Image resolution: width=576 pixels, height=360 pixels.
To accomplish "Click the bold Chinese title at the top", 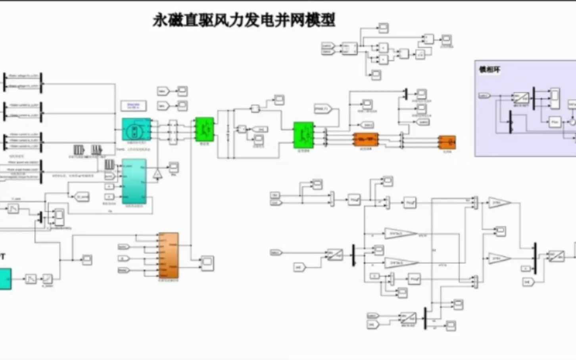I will [x=244, y=20].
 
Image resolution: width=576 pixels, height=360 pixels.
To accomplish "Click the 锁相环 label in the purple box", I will [x=490, y=70].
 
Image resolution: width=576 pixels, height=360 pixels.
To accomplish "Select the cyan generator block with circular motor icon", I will [x=136, y=129].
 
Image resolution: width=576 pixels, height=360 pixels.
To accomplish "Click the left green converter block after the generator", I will [x=205, y=129].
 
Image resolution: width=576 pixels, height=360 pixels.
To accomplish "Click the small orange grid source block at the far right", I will [x=447, y=142].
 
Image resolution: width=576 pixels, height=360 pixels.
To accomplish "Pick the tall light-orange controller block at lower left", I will [x=169, y=255].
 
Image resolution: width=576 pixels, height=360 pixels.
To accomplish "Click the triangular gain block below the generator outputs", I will [x=157, y=174].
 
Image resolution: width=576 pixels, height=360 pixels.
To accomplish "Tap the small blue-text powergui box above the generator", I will [x=133, y=106].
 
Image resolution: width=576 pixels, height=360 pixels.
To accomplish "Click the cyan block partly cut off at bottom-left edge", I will [x=5, y=278].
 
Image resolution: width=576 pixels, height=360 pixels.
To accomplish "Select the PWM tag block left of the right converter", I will [x=323, y=109].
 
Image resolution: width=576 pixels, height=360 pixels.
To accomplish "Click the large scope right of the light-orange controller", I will [x=207, y=262].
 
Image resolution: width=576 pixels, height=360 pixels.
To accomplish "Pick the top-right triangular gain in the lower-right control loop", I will [x=499, y=203].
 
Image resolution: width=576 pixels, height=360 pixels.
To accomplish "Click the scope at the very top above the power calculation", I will [x=383, y=28].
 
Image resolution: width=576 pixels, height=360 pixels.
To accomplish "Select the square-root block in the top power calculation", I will [x=420, y=54].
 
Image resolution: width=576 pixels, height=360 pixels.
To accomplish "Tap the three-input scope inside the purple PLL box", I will [x=554, y=98].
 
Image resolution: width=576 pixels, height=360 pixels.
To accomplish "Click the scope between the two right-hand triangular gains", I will [x=501, y=231].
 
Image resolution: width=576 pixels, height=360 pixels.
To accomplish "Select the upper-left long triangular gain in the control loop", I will [x=400, y=234].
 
